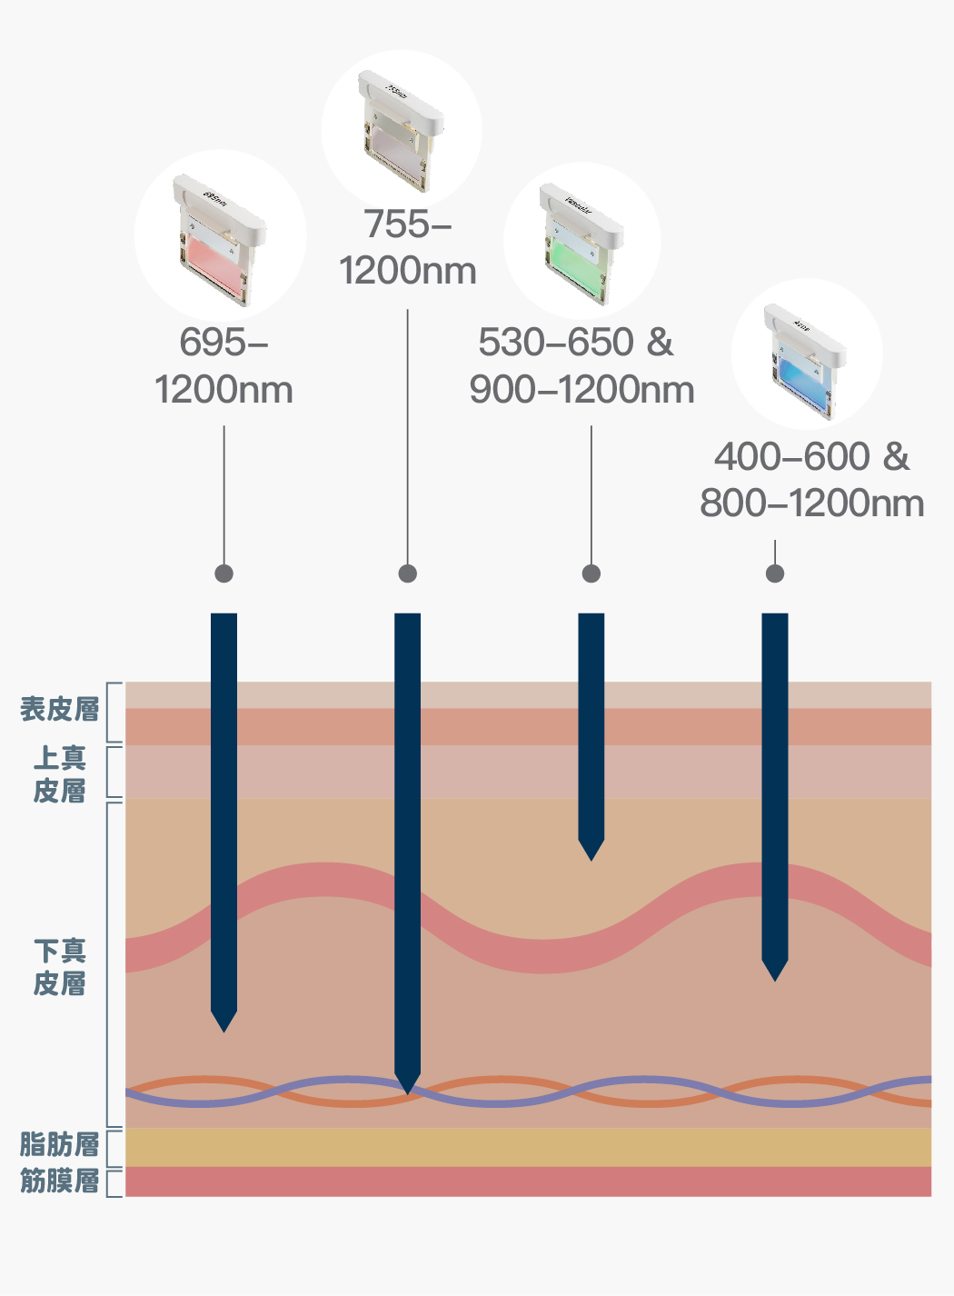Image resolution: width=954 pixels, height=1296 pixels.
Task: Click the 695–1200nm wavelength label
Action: (224, 366)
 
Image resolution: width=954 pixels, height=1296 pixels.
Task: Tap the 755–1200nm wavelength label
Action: (407, 247)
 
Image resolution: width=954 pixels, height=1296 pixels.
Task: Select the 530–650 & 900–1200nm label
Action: (581, 366)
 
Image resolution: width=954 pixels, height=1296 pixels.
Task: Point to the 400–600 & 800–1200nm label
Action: (811, 480)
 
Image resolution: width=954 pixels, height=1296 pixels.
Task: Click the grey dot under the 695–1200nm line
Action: (224, 573)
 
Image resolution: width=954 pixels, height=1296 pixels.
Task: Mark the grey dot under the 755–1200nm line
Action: (408, 573)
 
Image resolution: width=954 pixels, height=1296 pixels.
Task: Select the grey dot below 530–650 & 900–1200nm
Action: (591, 573)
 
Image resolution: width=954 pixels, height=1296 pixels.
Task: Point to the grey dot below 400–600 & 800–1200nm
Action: (775, 573)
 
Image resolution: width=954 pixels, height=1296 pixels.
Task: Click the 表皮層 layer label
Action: (60, 710)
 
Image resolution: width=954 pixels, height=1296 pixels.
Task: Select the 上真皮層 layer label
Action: (60, 774)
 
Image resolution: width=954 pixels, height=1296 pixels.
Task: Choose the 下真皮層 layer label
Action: (60, 967)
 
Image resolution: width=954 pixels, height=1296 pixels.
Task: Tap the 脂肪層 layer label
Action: (60, 1144)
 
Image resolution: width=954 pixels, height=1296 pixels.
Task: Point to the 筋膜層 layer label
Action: (60, 1181)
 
